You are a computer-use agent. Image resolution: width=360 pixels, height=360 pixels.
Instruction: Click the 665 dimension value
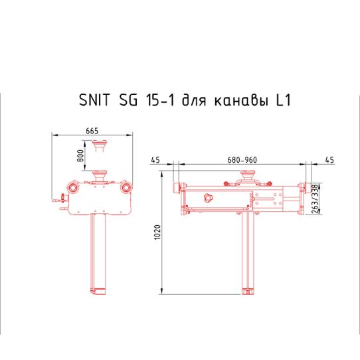click(92, 130)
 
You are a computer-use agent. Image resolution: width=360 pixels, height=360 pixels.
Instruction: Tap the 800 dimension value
click(80, 157)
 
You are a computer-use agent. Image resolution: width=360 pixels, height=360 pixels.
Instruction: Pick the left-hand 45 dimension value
click(156, 160)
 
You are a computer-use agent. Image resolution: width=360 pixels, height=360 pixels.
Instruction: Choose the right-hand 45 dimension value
click(329, 160)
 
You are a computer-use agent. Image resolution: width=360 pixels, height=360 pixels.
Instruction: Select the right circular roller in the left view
click(126, 188)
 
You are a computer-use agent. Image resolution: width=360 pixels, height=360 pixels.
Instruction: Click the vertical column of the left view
click(100, 252)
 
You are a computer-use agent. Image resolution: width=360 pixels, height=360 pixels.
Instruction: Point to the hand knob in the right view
click(209, 197)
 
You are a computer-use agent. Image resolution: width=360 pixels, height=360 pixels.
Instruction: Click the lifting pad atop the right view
click(246, 175)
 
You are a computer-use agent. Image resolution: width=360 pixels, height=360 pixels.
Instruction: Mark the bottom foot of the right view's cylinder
click(248, 291)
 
